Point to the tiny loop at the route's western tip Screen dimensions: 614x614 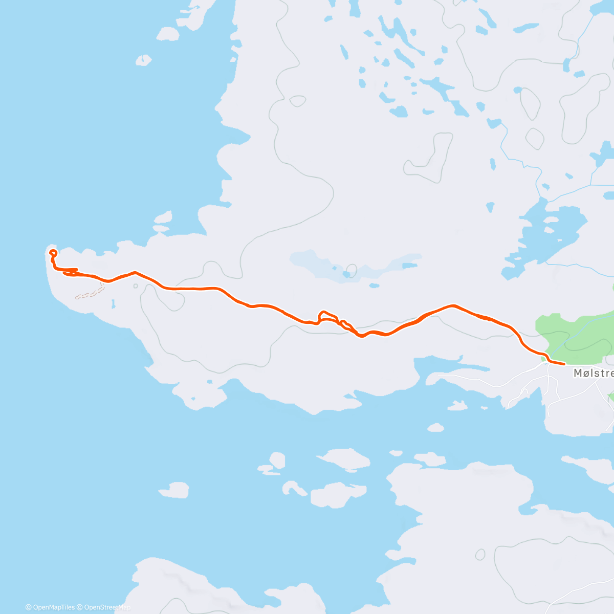52,252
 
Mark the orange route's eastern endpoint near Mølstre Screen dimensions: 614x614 564,364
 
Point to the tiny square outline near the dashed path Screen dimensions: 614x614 136,286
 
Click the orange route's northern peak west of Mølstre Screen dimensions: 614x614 452,306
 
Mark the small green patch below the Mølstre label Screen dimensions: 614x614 611,396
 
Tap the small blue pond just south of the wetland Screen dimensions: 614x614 374,286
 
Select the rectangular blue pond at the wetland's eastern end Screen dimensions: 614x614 409,266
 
